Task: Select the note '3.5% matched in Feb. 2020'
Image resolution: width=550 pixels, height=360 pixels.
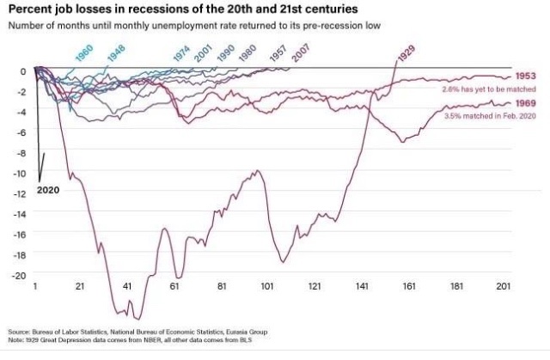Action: tap(489, 115)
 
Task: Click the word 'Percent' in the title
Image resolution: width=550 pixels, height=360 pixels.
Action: tap(31, 9)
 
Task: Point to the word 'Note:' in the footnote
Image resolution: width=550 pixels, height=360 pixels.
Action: tap(16, 339)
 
